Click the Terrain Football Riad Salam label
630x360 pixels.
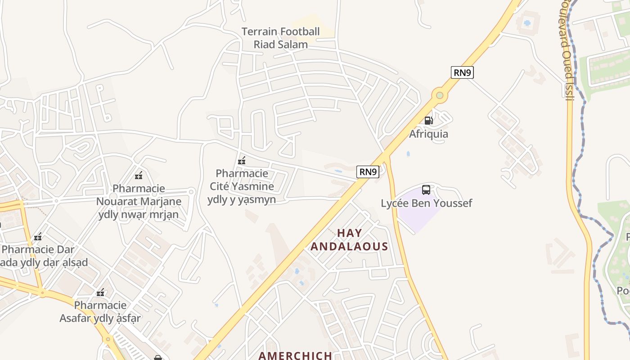click(x=281, y=38)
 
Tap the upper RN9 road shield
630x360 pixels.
click(x=462, y=72)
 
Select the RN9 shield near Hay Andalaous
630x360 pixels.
click(x=368, y=172)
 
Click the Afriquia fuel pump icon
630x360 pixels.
click(x=428, y=120)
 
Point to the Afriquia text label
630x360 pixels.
click(x=428, y=134)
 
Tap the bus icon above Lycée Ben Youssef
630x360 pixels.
click(x=426, y=189)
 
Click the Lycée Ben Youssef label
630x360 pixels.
click(x=426, y=203)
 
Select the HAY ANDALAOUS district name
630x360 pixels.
click(x=349, y=240)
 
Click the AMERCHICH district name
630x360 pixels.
click(x=295, y=355)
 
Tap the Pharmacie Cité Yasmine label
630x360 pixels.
click(x=242, y=186)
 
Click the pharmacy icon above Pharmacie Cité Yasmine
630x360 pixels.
click(x=242, y=161)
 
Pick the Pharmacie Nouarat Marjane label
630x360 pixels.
click(x=139, y=201)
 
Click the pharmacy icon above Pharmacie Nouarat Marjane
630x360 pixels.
click(x=139, y=175)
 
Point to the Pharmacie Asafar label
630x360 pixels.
click(x=100, y=312)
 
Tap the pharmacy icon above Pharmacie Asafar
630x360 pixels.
click(x=100, y=292)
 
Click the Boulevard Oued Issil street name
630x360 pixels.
click(x=567, y=49)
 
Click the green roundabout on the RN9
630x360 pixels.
click(x=440, y=95)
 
